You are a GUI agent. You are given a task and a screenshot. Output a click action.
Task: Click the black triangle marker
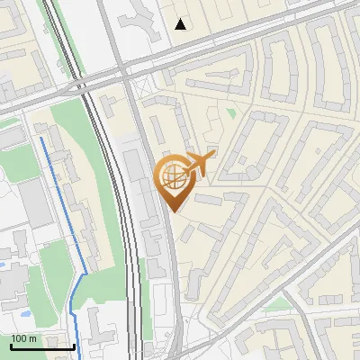[x=181, y=24]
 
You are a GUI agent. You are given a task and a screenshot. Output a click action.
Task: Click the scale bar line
[x=42, y=346]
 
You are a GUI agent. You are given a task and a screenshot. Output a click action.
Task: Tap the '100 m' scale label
[x=23, y=338]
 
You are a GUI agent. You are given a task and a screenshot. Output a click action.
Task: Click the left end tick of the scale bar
[x=11, y=345]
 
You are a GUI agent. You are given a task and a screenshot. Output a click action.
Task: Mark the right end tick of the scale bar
[x=74, y=345]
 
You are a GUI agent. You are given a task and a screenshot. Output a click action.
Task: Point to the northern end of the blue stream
[x=40, y=139]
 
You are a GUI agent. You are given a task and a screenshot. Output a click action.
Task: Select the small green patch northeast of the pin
[x=230, y=113]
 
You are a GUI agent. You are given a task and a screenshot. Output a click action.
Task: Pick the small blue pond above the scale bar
[x=24, y=314]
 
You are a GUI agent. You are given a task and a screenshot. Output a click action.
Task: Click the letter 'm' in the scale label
[x=34, y=338]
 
